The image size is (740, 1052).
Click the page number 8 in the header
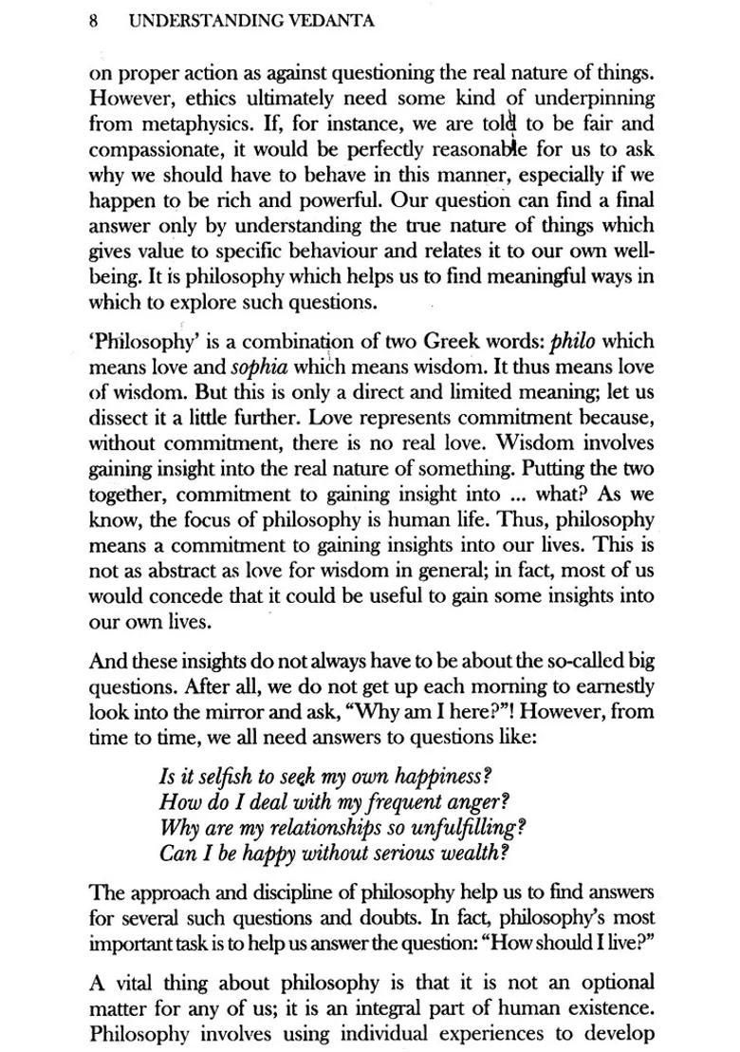click(x=95, y=21)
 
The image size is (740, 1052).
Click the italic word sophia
click(x=260, y=366)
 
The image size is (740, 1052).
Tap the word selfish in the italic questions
click(x=213, y=777)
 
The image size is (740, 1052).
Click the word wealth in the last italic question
click(x=470, y=853)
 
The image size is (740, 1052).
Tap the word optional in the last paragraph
click(x=617, y=983)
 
